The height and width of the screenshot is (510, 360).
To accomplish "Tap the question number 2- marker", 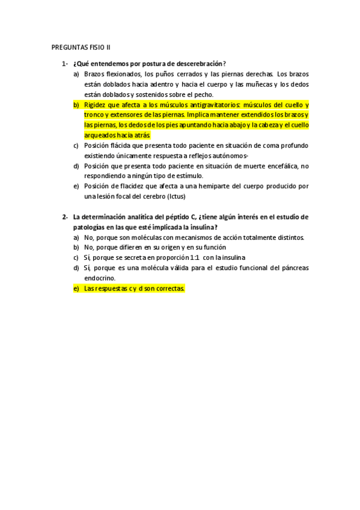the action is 64,217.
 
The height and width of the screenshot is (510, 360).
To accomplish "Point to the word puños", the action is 156,74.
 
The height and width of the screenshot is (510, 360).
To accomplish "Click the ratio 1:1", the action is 195,258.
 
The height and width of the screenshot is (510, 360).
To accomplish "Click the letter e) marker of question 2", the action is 76,289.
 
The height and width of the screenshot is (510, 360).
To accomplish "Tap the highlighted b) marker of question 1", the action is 76,105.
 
